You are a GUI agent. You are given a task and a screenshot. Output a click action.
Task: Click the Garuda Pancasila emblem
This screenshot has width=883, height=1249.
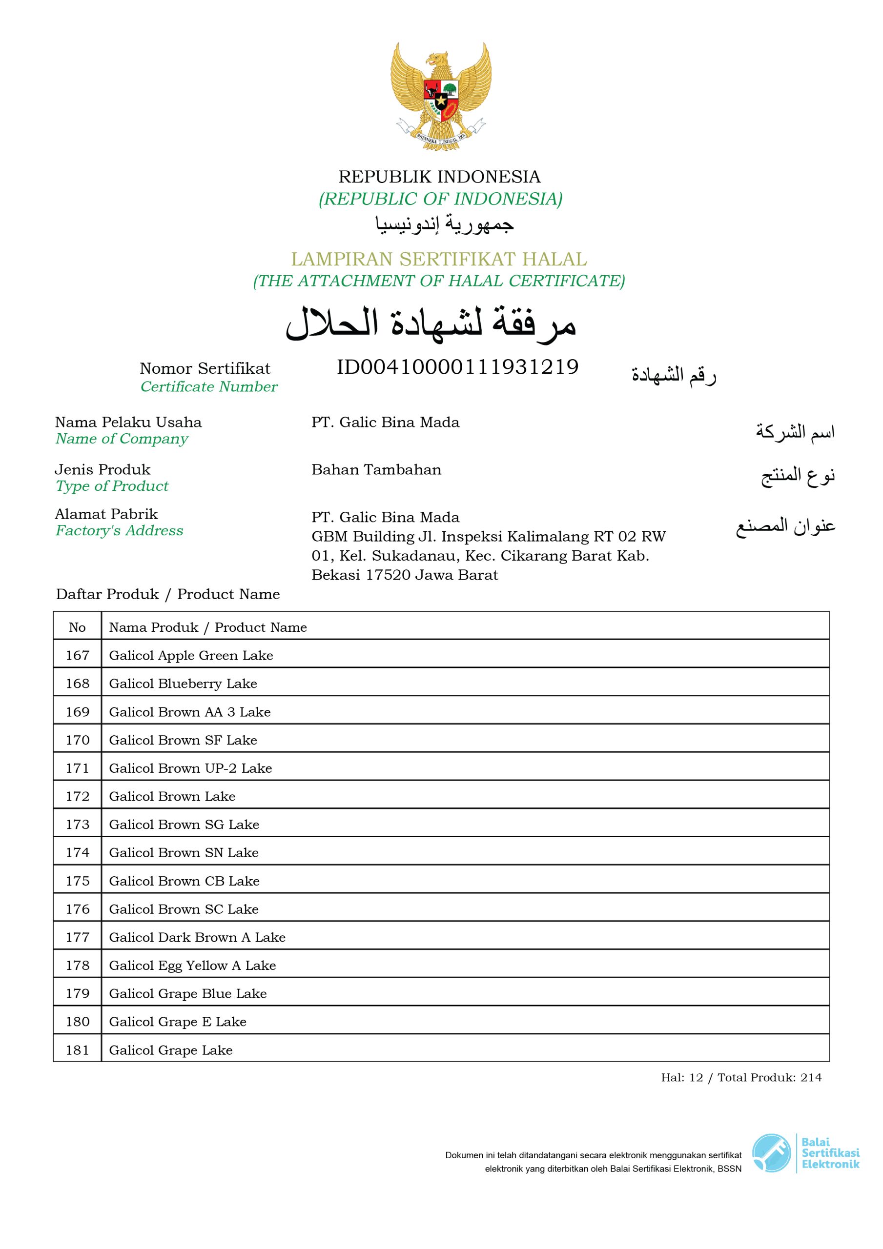tap(440, 97)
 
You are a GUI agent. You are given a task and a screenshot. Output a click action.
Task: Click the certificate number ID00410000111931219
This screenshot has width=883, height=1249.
tap(457, 367)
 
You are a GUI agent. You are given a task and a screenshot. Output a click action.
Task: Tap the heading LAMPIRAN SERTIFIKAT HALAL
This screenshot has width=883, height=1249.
tap(439, 259)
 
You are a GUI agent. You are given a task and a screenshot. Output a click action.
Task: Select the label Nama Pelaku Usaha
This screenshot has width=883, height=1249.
tap(128, 422)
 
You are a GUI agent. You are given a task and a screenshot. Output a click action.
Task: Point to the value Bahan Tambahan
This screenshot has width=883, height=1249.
tap(376, 469)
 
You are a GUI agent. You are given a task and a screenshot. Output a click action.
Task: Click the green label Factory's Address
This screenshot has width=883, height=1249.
tap(119, 530)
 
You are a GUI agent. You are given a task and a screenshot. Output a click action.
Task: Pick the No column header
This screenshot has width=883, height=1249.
tap(77, 627)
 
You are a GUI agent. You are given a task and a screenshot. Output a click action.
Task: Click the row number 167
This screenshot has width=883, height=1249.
tap(77, 656)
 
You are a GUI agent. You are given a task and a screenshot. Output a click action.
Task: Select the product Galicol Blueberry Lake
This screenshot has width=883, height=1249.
tap(183, 684)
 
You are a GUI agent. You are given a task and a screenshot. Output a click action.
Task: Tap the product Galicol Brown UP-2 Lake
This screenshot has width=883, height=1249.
tap(190, 768)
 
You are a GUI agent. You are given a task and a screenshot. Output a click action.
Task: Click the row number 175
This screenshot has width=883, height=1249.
tap(77, 881)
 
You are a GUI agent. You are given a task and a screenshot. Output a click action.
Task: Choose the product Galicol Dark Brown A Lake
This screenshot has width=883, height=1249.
tap(197, 937)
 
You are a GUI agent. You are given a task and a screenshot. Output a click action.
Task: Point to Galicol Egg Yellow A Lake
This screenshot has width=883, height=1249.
tap(192, 966)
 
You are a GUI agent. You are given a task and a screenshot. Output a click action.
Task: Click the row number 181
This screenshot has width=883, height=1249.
tap(77, 1050)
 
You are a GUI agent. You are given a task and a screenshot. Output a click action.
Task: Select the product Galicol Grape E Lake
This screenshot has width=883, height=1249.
tap(178, 1022)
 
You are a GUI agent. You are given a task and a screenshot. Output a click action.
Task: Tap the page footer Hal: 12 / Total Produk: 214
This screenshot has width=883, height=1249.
tap(741, 1078)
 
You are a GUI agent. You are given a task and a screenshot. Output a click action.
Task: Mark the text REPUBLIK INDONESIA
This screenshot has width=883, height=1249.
tap(439, 177)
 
